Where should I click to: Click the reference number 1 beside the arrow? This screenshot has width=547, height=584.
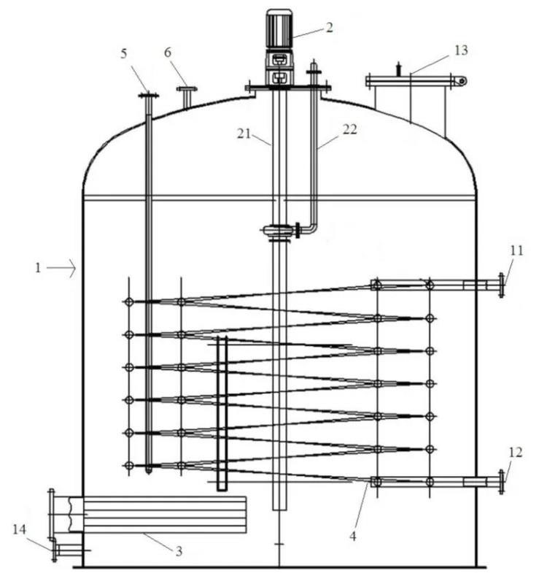coord(38,268)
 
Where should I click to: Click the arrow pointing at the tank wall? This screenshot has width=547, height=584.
coord(64,269)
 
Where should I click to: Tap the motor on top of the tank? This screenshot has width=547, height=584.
coord(279,29)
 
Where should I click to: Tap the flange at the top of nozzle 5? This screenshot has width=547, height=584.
coord(148,95)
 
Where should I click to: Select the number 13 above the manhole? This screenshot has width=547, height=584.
coord(460,50)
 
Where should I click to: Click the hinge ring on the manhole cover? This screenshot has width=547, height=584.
coord(461,80)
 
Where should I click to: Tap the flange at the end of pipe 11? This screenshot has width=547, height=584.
coord(501,285)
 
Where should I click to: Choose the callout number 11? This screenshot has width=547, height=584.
coord(516,250)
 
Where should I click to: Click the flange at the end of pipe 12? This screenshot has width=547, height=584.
coord(501,482)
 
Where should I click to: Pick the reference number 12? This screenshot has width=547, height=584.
coord(515,453)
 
